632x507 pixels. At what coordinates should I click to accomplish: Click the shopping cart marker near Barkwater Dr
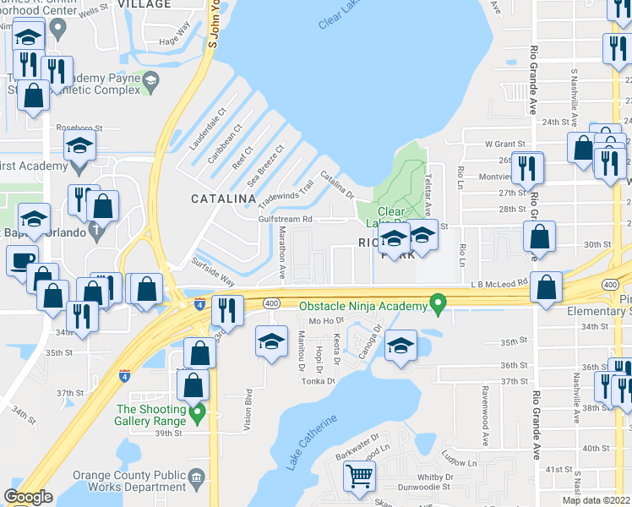pyautogui.click(x=360, y=477)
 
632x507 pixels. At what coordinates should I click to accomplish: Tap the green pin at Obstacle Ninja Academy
pyautogui.click(x=438, y=302)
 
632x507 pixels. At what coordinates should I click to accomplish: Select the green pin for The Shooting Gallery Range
pyautogui.click(x=198, y=413)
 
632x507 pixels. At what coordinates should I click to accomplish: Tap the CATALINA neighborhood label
pyautogui.click(x=224, y=199)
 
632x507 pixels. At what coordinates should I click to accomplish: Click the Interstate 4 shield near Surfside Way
pyautogui.click(x=199, y=302)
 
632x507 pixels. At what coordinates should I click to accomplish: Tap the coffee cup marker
pyautogui.click(x=22, y=260)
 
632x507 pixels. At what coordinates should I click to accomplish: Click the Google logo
pyautogui.click(x=28, y=497)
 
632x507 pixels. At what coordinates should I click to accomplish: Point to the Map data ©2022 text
pyautogui.click(x=597, y=500)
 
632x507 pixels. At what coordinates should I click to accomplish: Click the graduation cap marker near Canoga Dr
pyautogui.click(x=400, y=346)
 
